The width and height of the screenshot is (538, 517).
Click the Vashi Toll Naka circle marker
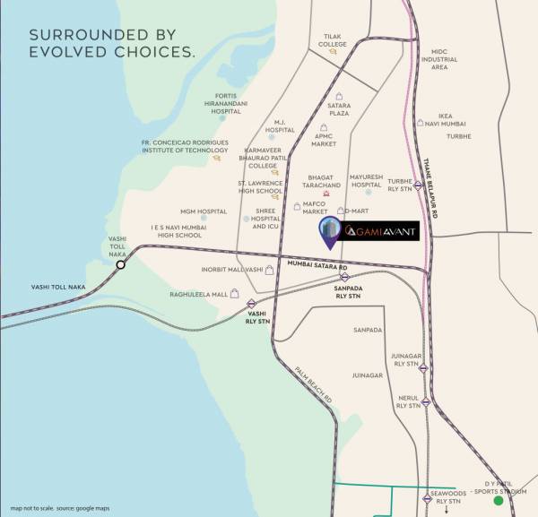(120, 264)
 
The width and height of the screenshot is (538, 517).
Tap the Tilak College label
(333, 39)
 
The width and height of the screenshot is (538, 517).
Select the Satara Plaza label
(339, 109)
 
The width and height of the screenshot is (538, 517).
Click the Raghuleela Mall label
(196, 294)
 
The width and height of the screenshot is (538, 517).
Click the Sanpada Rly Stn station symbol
(345, 276)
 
